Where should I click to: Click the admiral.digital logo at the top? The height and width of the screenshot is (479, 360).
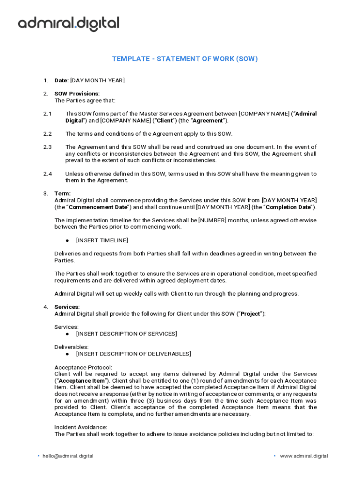coord(68,24)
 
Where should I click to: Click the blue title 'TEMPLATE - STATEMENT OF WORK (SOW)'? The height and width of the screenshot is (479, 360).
coord(185,59)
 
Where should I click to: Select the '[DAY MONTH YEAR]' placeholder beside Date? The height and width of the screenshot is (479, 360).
coord(97,80)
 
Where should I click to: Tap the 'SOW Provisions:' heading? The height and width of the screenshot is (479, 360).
coord(77,94)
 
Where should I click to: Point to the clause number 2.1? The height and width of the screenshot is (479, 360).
coord(48,114)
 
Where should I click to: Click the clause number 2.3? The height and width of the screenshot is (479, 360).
coord(48,147)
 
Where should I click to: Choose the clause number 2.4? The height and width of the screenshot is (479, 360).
coord(48,174)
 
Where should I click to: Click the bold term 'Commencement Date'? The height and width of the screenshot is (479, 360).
coord(97,207)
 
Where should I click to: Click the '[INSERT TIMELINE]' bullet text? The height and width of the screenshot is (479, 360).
coord(101,240)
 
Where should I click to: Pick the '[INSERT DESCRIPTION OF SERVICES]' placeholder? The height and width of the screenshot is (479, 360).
coord(126,334)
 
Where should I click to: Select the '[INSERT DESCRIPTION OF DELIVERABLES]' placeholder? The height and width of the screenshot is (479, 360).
coord(133,354)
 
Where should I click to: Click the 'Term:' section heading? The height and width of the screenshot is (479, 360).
coord(63,194)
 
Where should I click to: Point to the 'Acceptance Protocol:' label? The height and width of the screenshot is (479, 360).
coord(83,367)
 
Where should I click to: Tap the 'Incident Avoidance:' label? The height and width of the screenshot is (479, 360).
coord(81,427)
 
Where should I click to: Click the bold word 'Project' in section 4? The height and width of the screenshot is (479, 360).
coord(250,314)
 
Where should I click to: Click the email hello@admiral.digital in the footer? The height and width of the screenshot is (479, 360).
coord(68,456)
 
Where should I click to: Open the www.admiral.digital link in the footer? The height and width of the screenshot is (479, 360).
coord(303,456)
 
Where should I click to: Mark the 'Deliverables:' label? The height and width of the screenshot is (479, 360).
coord(72,347)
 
